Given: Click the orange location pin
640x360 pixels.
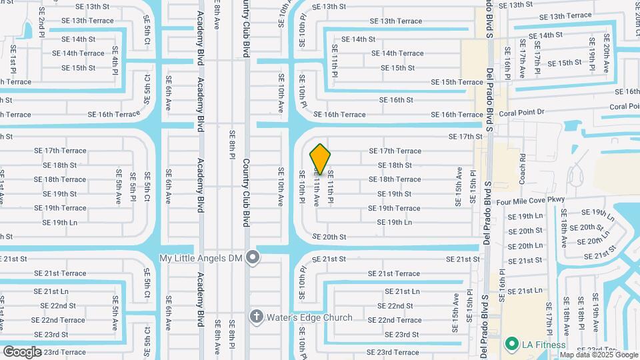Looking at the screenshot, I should [321, 159].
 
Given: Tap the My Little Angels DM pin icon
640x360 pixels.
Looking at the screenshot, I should [252, 257].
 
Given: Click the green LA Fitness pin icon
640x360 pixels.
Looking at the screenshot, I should [512, 344].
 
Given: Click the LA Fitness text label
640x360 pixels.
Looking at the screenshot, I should [543, 345].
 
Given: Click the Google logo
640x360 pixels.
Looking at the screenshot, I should [22, 351].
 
